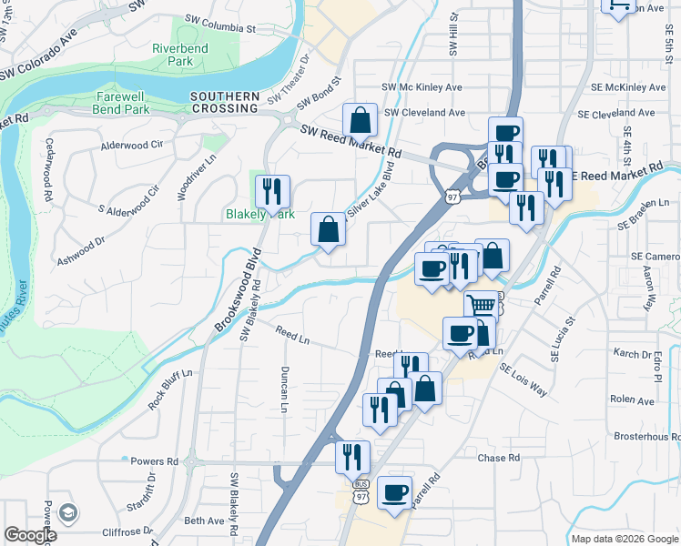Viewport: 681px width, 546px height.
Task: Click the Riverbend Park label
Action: (180, 55)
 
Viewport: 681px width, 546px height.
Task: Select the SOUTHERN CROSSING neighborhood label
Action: (225, 102)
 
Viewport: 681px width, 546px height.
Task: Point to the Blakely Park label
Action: (260, 215)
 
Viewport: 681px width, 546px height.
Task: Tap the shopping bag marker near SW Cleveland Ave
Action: (361, 120)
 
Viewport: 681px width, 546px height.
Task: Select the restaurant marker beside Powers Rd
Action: (352, 458)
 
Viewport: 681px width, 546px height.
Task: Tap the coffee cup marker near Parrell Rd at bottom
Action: (395, 493)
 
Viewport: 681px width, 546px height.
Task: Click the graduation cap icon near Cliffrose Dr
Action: (66, 514)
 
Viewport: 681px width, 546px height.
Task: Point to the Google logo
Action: (30, 535)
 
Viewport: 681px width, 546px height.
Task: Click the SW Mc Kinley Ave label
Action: (422, 87)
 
